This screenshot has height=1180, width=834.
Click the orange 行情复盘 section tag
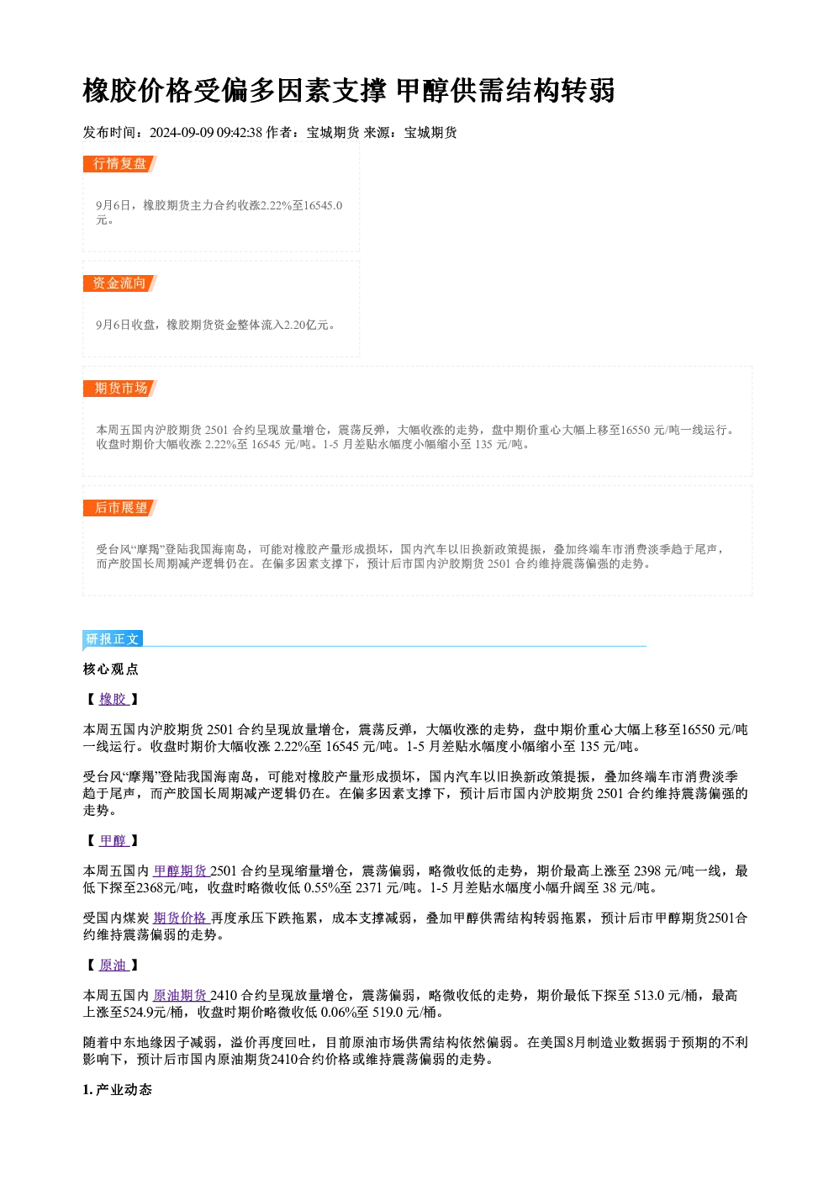tap(120, 164)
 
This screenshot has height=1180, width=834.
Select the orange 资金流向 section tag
tap(120, 283)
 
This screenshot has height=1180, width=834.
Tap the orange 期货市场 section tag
tap(120, 389)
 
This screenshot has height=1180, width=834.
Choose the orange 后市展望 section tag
tap(120, 508)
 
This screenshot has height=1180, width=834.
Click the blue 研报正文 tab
tap(113, 639)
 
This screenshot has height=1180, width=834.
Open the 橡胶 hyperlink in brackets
tap(113, 699)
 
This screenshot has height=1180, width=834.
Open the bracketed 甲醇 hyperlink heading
tap(113, 840)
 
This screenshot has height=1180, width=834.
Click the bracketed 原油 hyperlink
tap(113, 965)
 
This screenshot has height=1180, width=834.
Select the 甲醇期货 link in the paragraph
tap(180, 870)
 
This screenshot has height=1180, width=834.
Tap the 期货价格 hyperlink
tap(180, 918)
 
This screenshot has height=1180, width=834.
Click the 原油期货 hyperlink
tap(180, 995)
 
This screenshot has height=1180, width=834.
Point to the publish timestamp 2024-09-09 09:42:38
tap(206, 132)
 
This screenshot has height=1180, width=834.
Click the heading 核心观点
tap(111, 669)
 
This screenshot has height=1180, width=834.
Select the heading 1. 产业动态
tap(118, 1090)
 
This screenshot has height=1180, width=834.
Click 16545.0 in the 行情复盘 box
tap(324, 205)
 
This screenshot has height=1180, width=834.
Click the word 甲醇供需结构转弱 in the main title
tap(505, 90)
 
